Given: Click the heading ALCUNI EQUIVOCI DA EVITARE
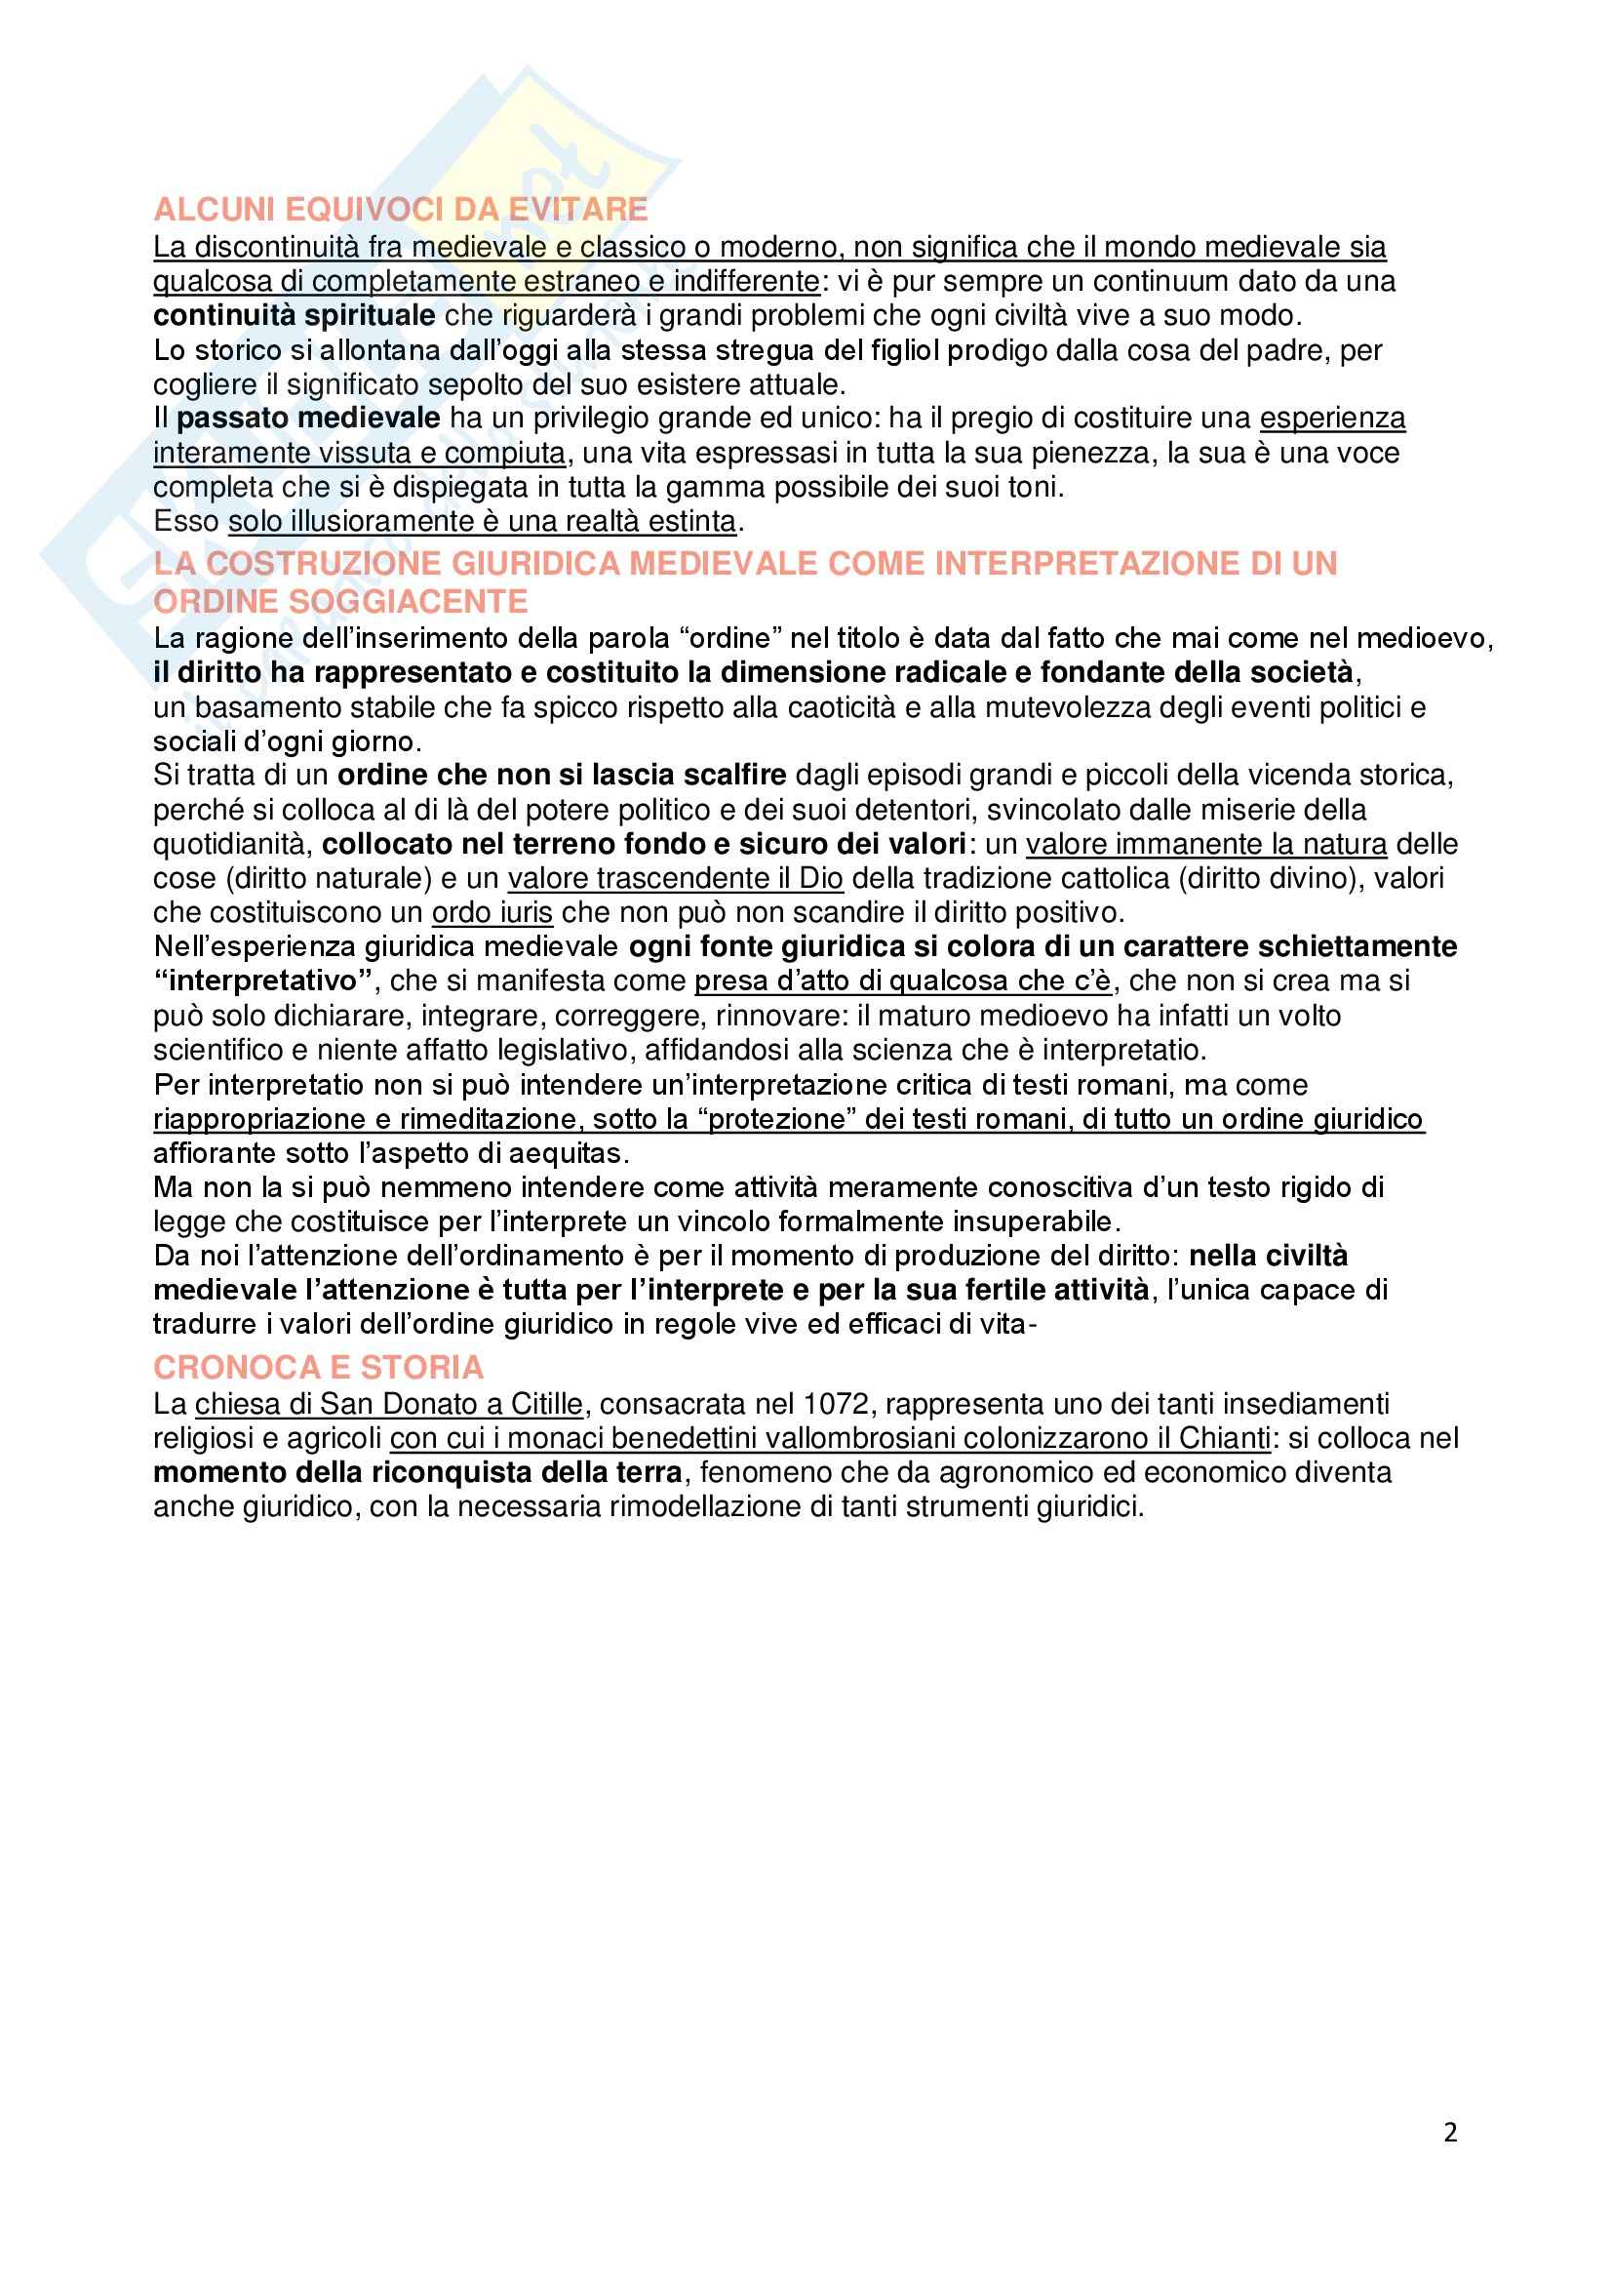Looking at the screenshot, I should tap(400, 210).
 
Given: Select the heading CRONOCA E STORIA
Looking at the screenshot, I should tap(318, 1368).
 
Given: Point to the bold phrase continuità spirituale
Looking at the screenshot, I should tap(294, 316).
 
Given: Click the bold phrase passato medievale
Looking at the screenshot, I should tap(308, 419).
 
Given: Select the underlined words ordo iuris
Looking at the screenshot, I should tap(492, 912).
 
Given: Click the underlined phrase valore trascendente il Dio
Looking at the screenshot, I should tap(676, 878).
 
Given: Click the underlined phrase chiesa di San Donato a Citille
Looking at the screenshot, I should tap(388, 1404).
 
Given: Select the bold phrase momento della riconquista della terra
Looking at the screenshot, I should tap(417, 1472).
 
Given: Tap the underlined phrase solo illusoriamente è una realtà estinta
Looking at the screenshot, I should tap(483, 522).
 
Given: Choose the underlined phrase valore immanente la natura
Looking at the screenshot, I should tap(1205, 845).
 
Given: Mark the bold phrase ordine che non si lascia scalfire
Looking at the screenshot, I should tap(562, 775).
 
